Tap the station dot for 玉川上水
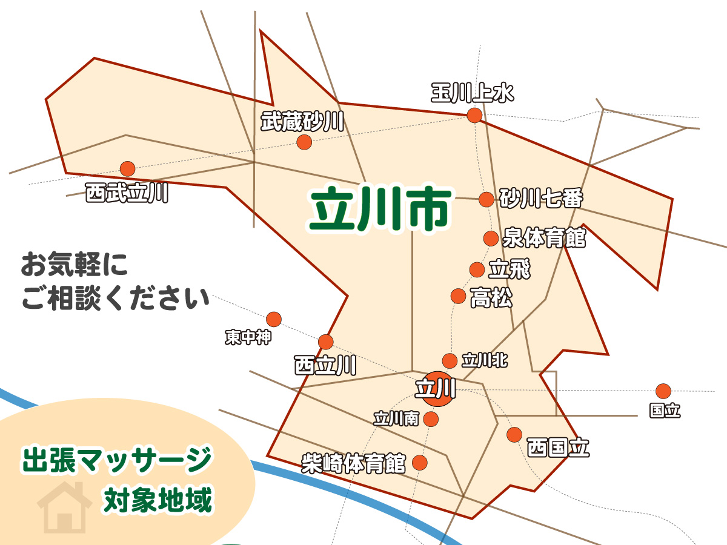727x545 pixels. [x=474, y=115]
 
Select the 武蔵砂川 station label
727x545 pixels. [x=302, y=122]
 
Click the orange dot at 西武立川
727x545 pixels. [x=127, y=168]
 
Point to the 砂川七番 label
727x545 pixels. [x=541, y=198]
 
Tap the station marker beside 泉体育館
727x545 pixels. [x=491, y=239]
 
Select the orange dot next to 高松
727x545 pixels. [x=459, y=296]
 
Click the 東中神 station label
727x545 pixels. [x=248, y=337]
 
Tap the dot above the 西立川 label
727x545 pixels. [x=326, y=342]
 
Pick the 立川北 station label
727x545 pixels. [x=485, y=361]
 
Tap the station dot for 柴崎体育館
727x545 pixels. [x=419, y=463]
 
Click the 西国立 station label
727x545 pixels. [x=557, y=448]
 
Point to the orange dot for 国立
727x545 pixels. [x=663, y=391]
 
